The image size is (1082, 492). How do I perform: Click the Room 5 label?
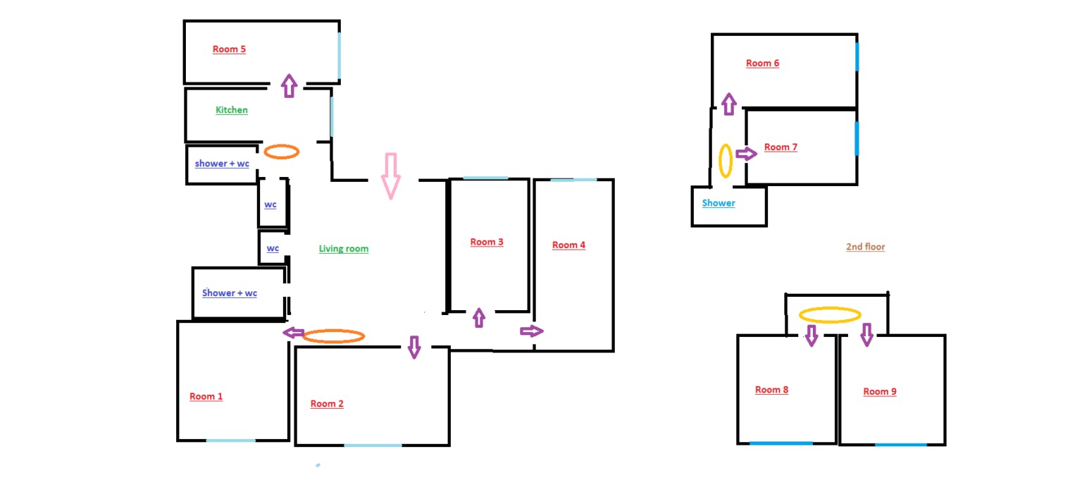[229, 49]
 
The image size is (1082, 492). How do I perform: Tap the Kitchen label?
[232, 110]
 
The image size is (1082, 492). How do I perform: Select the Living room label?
[343, 248]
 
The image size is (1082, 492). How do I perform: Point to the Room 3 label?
[487, 242]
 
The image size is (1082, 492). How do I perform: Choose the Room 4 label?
[568, 245]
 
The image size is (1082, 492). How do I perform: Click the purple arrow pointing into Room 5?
[288, 85]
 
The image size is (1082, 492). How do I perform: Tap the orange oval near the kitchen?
[281, 152]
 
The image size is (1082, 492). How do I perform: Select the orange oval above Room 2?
[333, 337]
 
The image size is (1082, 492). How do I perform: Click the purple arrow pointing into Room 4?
[533, 331]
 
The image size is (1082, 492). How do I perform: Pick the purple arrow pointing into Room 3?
[479, 318]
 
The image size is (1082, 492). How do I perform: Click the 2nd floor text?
[865, 247]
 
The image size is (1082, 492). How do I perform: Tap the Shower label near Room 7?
[719, 203]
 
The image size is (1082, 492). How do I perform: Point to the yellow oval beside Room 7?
[726, 160]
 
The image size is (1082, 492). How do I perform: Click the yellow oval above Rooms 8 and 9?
[830, 315]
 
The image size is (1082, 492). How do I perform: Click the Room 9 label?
[880, 391]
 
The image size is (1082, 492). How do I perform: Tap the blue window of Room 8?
[781, 443]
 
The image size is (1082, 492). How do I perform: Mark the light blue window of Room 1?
[230, 441]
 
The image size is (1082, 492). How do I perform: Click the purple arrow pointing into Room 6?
[729, 104]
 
